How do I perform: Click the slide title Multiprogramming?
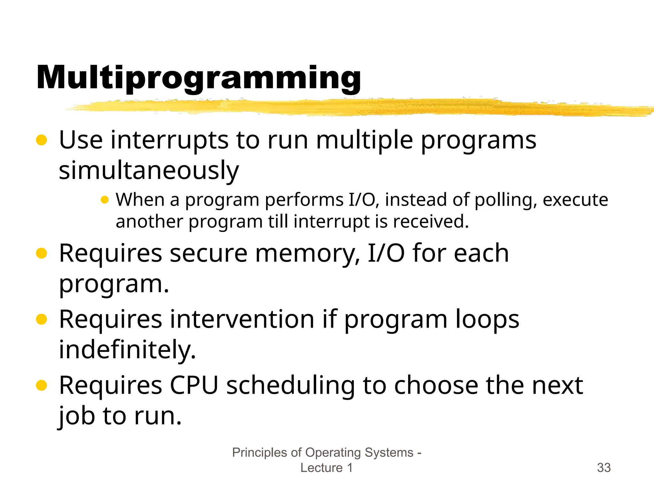199,78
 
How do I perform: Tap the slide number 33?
604,468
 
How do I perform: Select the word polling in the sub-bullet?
503,200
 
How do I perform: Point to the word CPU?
194,385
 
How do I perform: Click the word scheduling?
290,386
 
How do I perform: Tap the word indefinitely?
127,350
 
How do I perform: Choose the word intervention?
242,319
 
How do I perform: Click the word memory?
308,253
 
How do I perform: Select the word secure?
209,253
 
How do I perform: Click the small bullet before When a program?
104,200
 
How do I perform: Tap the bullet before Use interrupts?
42,140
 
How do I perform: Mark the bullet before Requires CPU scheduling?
42,385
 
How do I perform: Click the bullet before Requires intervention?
42,319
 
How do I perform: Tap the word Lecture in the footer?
321,468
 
